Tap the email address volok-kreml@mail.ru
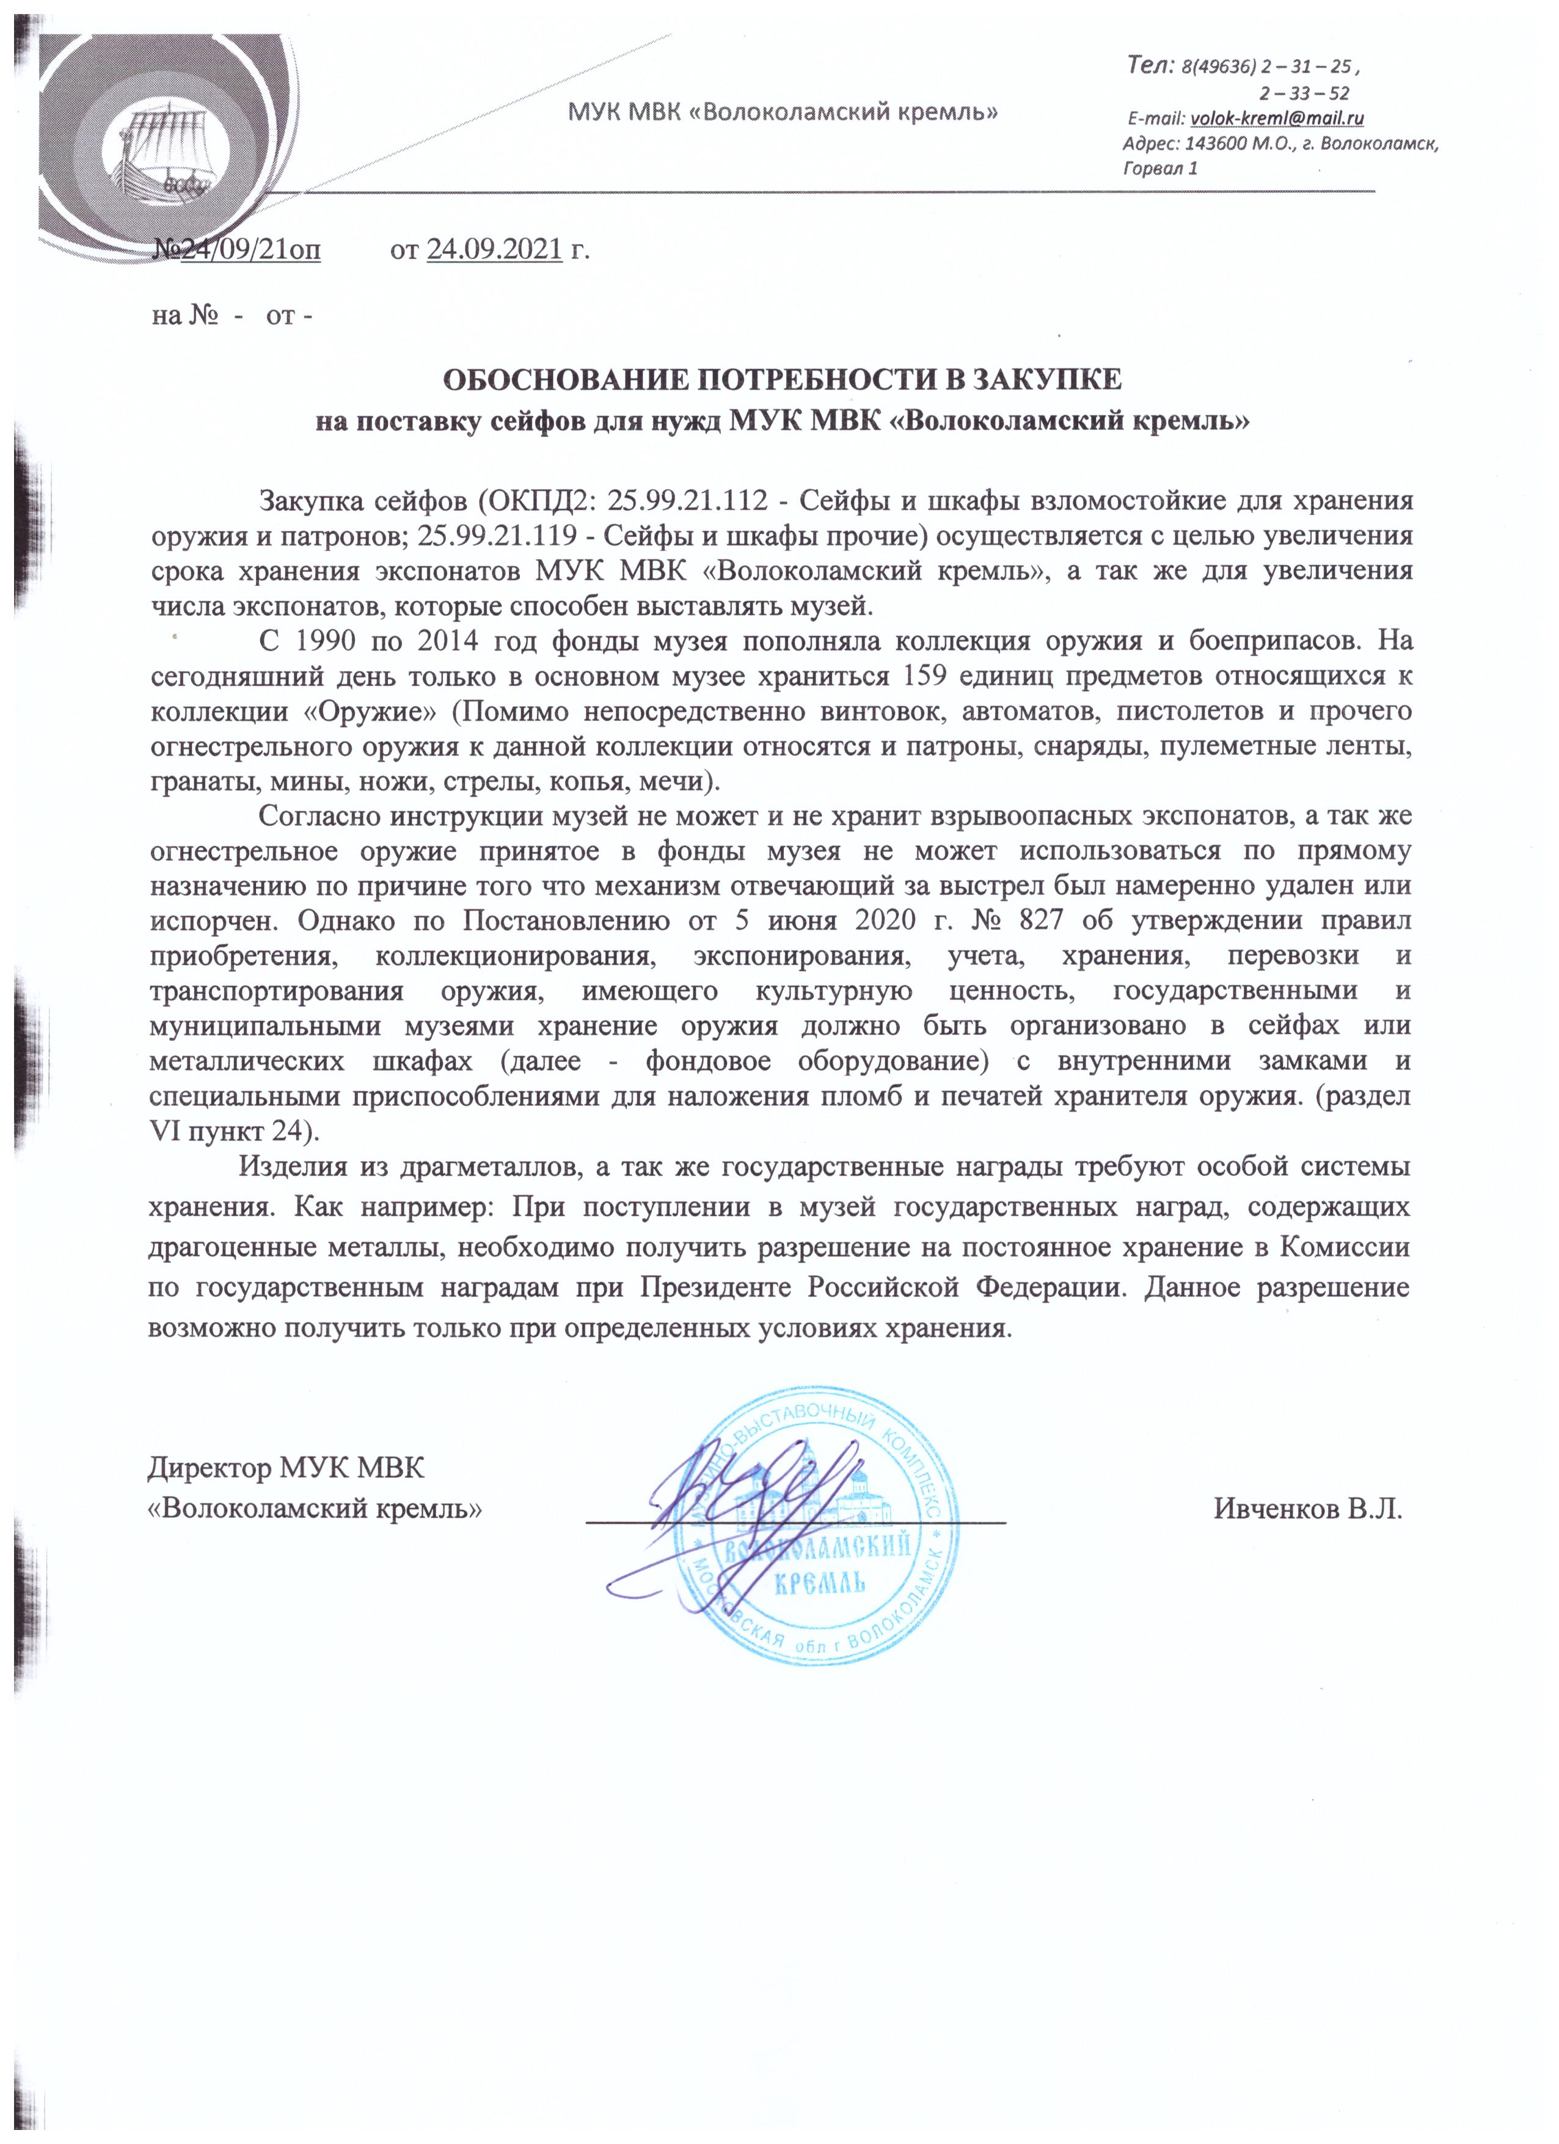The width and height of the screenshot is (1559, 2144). coord(1276,118)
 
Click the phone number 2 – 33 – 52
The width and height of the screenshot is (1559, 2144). coord(1305,93)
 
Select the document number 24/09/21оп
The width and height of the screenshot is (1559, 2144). coord(250,250)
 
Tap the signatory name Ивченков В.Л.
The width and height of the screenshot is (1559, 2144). coord(1307,1509)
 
